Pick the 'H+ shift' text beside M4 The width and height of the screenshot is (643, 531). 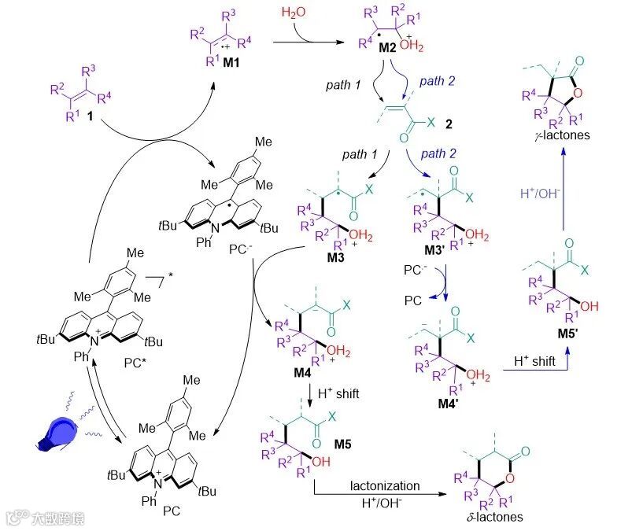[x=338, y=393]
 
